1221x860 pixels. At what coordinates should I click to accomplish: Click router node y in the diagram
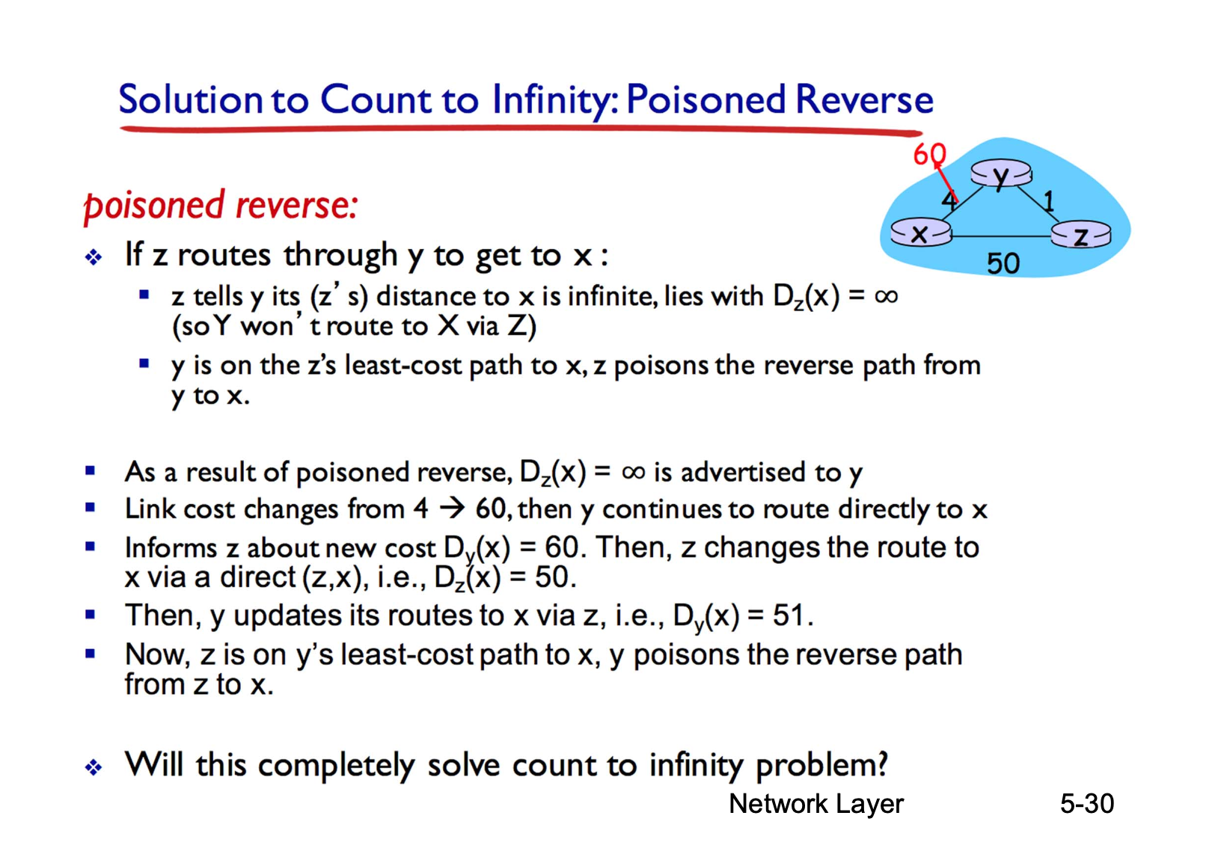1001,173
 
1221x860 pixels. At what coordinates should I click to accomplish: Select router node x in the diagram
921,233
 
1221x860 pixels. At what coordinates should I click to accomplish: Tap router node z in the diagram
1080,236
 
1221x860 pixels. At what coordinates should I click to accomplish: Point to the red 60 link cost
930,154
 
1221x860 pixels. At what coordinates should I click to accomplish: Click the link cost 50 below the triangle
1003,264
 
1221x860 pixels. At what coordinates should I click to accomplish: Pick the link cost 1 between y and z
1048,202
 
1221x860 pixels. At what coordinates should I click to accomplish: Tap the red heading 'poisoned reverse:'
220,206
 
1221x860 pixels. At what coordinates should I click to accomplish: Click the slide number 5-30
1087,803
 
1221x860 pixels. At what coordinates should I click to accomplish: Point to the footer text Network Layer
816,804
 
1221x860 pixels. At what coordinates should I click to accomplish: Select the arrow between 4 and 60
452,509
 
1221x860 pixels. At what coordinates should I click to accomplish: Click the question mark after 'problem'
881,763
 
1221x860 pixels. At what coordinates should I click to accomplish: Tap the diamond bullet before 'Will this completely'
94,767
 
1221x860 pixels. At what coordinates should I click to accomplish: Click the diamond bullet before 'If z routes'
94,257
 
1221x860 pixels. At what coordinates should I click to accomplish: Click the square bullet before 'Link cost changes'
91,508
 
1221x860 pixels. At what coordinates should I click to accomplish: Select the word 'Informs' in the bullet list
171,547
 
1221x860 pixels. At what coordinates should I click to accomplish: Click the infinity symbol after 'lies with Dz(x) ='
886,296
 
